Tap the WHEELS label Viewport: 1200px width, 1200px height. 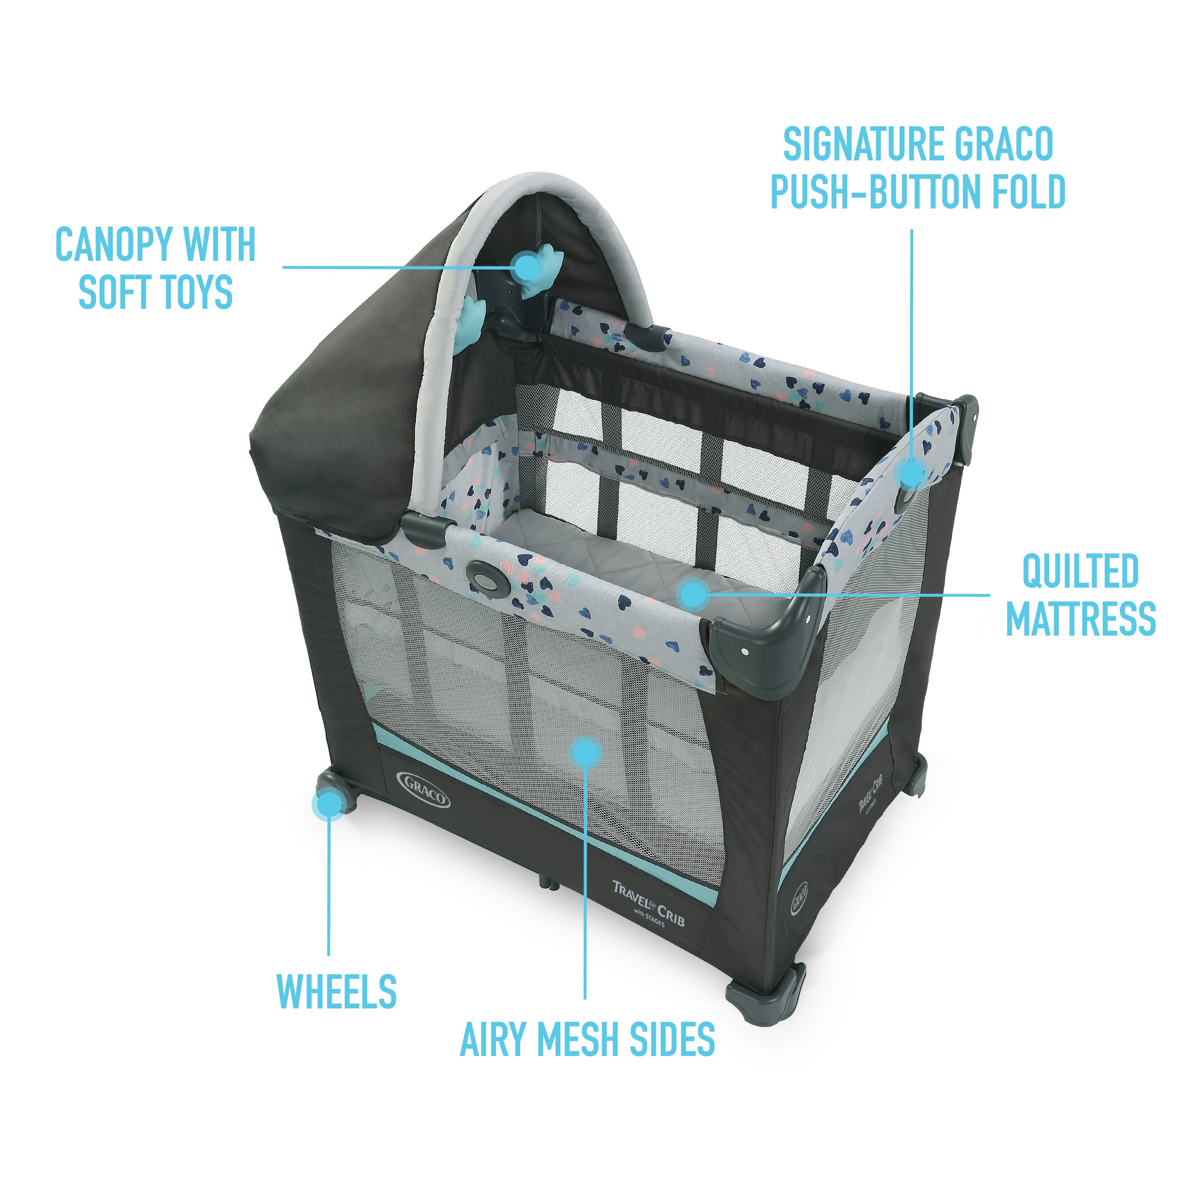click(x=336, y=992)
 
